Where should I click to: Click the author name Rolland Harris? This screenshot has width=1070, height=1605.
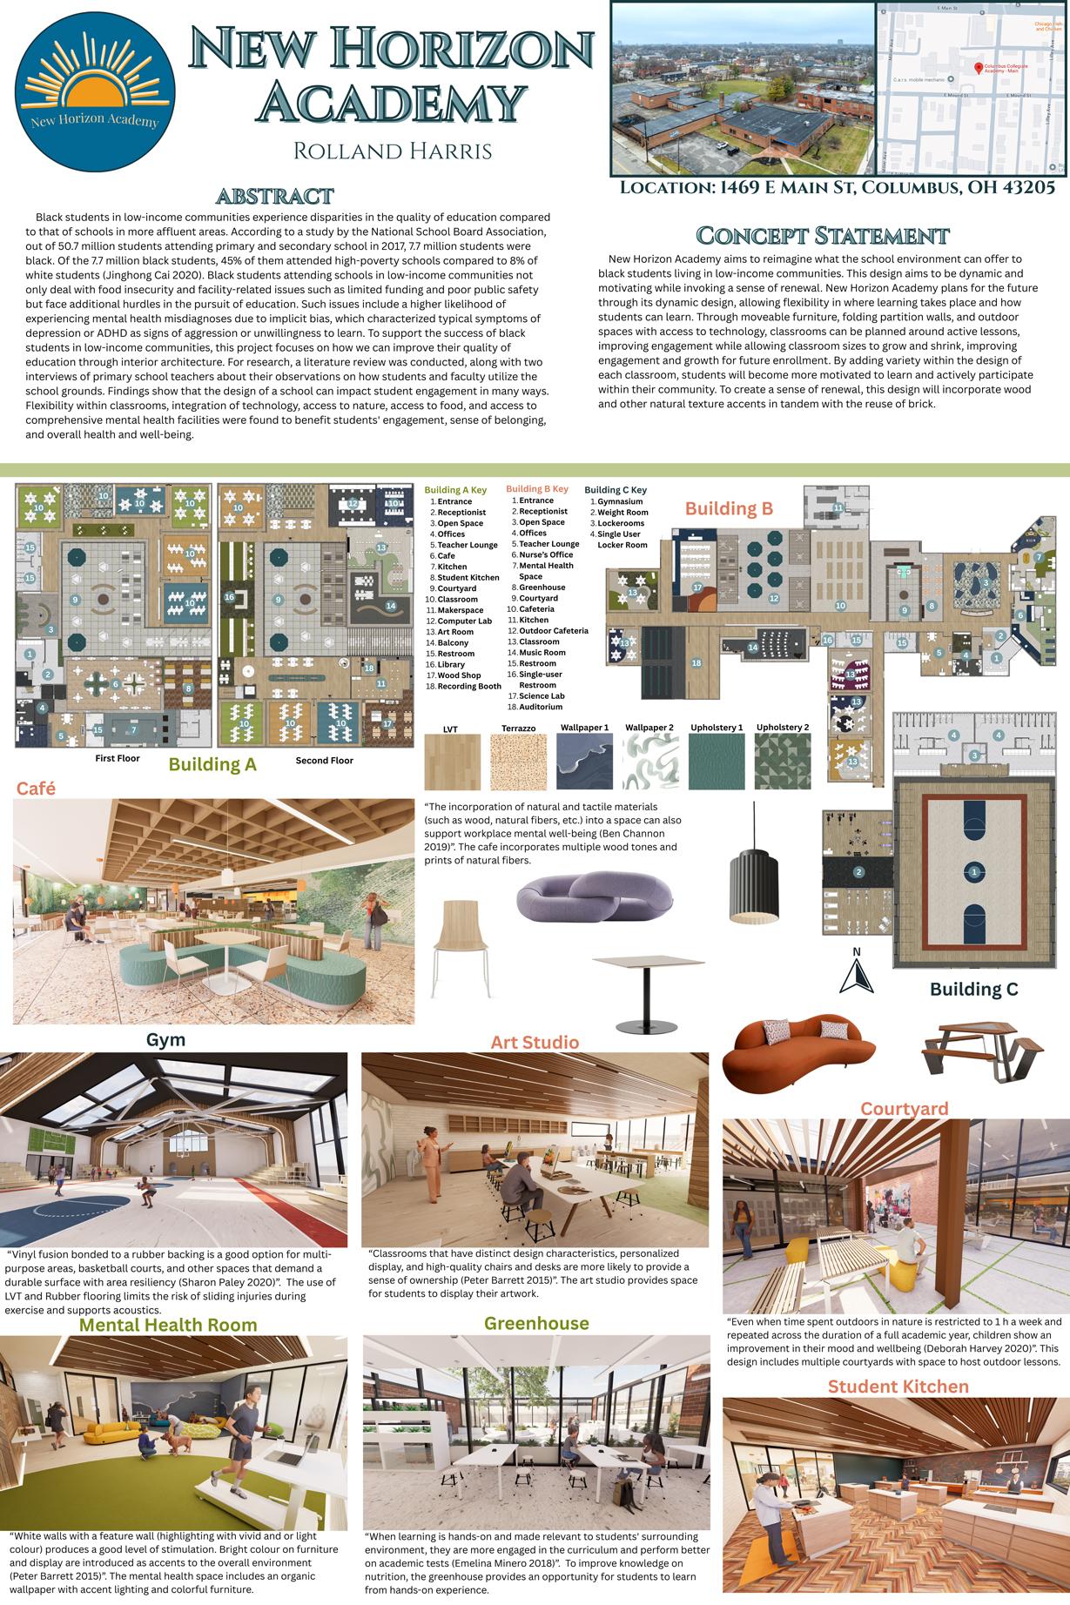[393, 151]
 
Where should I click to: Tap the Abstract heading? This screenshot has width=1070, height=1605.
[275, 195]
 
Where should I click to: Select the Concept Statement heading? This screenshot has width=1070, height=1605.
[822, 235]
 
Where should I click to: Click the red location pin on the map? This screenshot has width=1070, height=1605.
[978, 68]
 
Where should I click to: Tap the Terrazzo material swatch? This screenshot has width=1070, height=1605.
[518, 762]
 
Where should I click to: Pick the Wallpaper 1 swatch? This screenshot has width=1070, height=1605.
[584, 762]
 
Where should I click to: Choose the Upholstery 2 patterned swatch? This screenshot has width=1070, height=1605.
[782, 762]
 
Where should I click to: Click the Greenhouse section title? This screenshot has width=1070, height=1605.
[536, 1323]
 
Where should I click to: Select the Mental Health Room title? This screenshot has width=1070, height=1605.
[168, 1325]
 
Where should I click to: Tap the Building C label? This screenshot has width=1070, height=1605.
[973, 989]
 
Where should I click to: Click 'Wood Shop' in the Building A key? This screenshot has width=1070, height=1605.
[459, 675]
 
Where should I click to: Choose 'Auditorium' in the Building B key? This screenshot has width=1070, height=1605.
[541, 707]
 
